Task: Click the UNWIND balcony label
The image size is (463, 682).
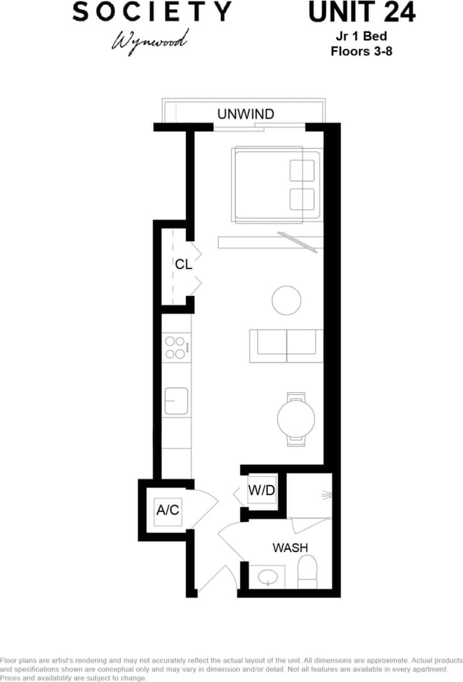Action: coord(245,114)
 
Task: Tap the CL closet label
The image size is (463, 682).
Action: coord(183,264)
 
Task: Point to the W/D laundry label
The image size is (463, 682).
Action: coord(262,491)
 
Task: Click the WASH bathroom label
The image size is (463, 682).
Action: coord(290,548)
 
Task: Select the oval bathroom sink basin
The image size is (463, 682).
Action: coord(270,576)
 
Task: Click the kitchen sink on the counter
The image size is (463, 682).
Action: coord(176,401)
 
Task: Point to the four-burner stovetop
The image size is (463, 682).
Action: coord(176,348)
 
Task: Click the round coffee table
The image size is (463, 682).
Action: coord(287,300)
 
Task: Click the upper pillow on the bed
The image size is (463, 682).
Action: coord(302,170)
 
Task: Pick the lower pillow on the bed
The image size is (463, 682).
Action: coord(302,199)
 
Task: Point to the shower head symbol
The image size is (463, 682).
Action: coord(326,496)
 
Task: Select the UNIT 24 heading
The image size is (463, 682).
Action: coord(361,13)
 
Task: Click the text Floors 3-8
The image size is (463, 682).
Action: coord(361,51)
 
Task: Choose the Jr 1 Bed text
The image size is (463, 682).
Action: coord(361,37)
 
